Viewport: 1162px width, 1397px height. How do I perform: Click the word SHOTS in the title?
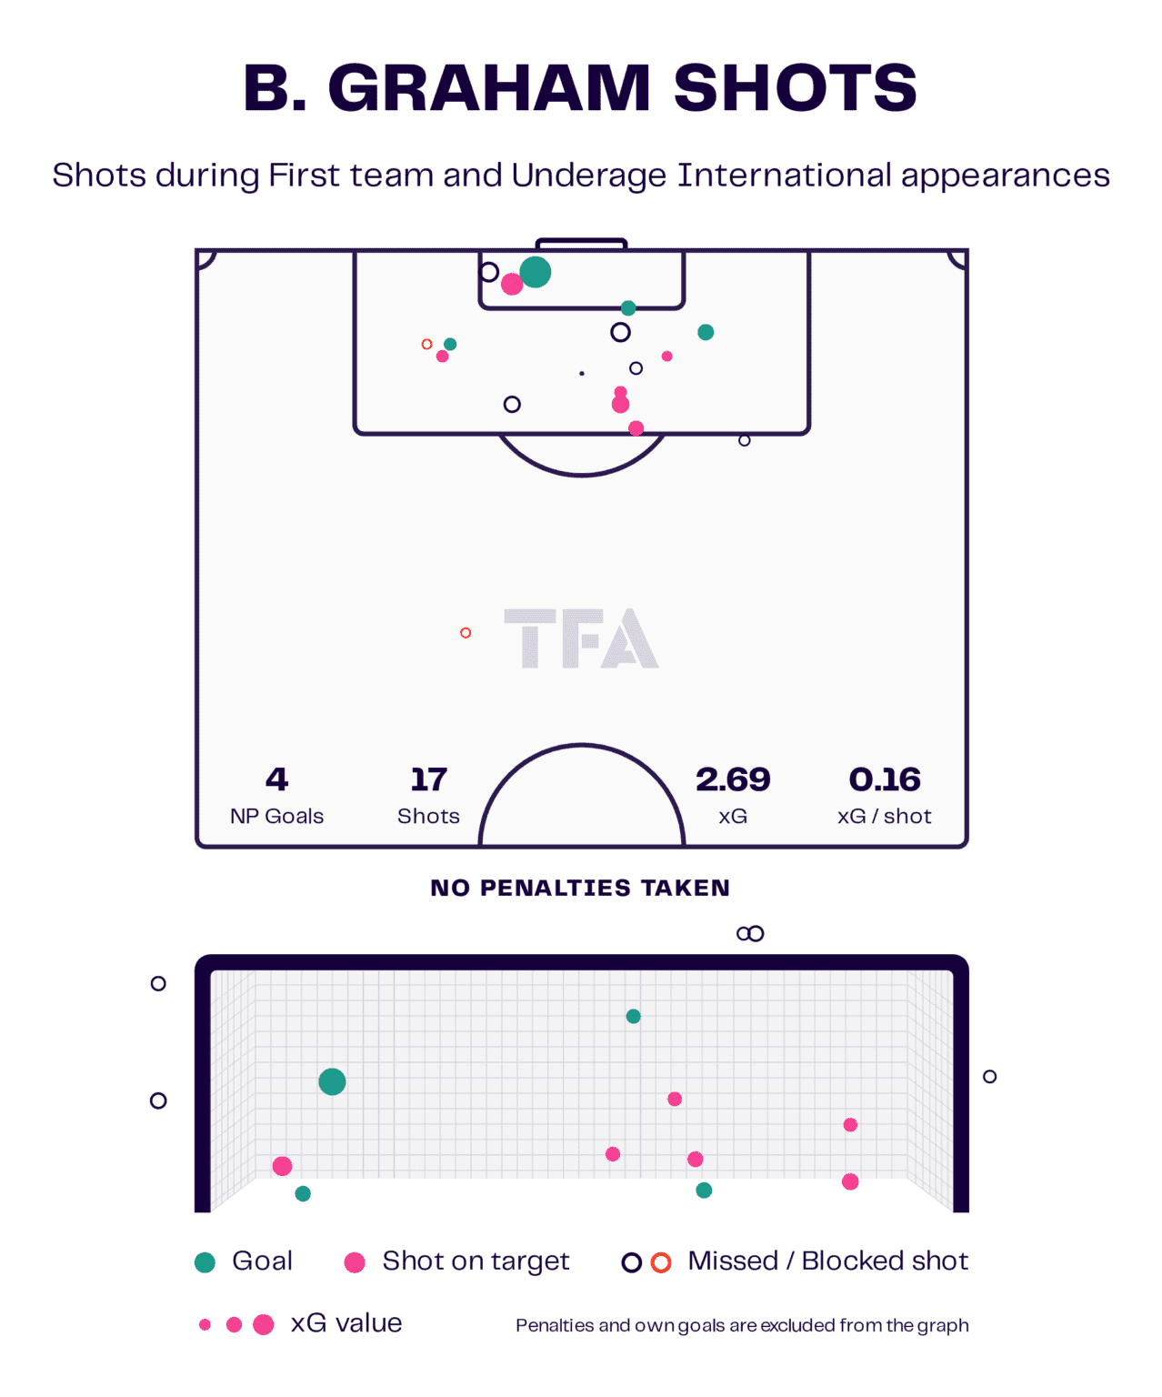click(795, 88)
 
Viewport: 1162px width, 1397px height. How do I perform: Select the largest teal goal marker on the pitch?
click(535, 272)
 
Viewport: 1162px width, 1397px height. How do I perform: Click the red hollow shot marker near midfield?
click(466, 633)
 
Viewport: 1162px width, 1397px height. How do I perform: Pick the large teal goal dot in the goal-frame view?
click(332, 1082)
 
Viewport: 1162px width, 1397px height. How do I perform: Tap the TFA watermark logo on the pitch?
click(581, 638)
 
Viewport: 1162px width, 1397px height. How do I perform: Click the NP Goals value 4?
click(277, 779)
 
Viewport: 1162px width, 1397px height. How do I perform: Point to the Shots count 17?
click(428, 779)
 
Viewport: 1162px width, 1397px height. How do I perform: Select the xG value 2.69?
click(733, 779)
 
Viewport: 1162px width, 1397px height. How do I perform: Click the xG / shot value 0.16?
click(885, 779)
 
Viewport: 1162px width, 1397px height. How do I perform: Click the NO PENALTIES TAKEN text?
click(580, 888)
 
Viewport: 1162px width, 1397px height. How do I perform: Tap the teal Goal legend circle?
click(205, 1262)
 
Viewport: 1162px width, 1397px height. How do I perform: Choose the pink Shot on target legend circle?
click(355, 1262)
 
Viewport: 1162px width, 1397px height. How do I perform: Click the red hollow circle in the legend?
click(661, 1262)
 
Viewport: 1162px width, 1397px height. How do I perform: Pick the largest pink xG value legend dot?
click(264, 1324)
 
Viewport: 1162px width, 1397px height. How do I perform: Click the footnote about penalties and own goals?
click(742, 1325)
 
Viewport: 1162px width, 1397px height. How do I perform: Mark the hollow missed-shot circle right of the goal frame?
click(989, 1076)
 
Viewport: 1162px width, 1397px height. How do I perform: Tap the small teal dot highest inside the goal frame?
click(634, 1016)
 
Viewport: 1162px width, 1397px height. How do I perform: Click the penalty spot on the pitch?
click(582, 373)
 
